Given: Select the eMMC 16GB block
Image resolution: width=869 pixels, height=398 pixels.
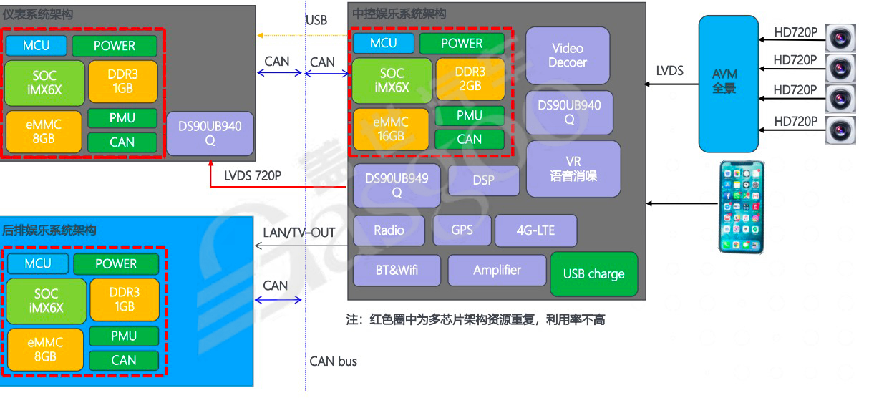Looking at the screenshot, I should pyautogui.click(x=391, y=130).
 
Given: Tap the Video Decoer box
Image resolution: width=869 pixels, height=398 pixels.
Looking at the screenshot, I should pyautogui.click(x=568, y=55).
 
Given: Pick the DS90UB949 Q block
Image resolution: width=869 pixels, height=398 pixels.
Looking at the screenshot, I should pyautogui.click(x=397, y=185).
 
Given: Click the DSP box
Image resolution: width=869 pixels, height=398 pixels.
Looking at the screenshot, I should pyautogui.click(x=484, y=180).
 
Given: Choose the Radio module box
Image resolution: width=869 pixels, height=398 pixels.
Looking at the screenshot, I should pyautogui.click(x=389, y=230).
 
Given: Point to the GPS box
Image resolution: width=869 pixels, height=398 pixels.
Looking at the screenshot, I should pyautogui.click(x=462, y=230).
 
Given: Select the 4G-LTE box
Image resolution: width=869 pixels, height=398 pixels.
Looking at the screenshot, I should pyautogui.click(x=535, y=230).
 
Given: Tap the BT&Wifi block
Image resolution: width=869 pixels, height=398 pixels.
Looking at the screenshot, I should pyautogui.click(x=398, y=271).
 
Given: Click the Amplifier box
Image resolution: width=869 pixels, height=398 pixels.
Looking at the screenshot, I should pyautogui.click(x=497, y=271).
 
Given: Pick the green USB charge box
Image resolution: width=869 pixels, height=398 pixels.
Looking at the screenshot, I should pyautogui.click(x=593, y=274).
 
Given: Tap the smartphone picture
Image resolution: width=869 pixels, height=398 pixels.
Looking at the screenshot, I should pyautogui.click(x=741, y=207).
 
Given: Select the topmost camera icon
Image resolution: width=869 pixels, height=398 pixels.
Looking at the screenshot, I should pyautogui.click(x=840, y=37).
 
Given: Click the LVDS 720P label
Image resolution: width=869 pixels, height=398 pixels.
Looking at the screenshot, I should pyautogui.click(x=253, y=175).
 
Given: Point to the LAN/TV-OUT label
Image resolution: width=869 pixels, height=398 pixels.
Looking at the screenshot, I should pyautogui.click(x=300, y=233).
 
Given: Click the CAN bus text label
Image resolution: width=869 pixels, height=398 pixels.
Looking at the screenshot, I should pyautogui.click(x=334, y=361).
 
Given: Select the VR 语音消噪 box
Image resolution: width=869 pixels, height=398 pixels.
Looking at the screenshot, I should pyautogui.click(x=573, y=169).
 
